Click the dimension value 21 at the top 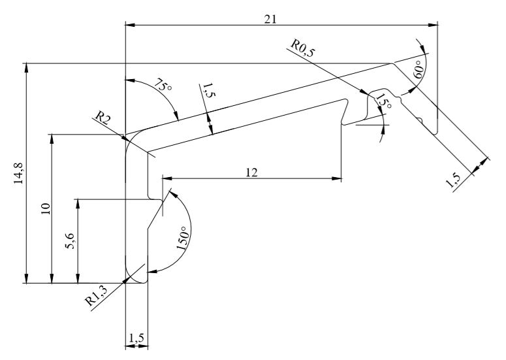tap(269, 19)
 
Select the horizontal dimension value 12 tap(252, 172)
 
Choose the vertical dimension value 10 tap(45, 209)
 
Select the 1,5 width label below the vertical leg tap(136, 338)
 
